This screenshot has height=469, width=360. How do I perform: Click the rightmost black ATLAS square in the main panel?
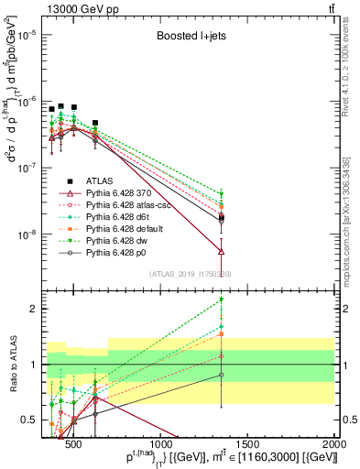coord(95,122)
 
